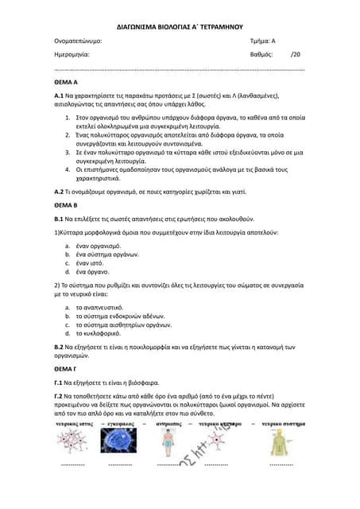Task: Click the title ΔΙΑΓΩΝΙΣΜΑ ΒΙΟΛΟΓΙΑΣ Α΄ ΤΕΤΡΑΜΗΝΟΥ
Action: pyautogui.click(x=180, y=25)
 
